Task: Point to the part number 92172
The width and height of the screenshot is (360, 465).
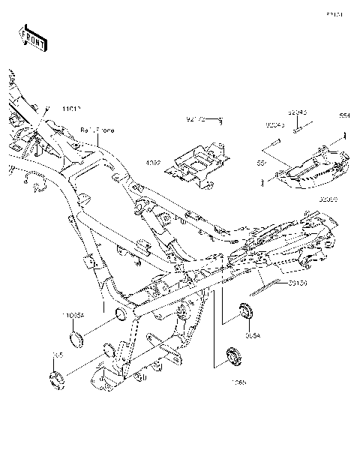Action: [196, 119]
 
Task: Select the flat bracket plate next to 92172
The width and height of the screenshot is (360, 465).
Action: [202, 164]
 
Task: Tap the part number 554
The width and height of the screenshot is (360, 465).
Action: [343, 115]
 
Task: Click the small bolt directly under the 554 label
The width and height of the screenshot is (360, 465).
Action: [343, 136]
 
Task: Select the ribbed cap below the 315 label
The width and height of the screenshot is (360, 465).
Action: [57, 380]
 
